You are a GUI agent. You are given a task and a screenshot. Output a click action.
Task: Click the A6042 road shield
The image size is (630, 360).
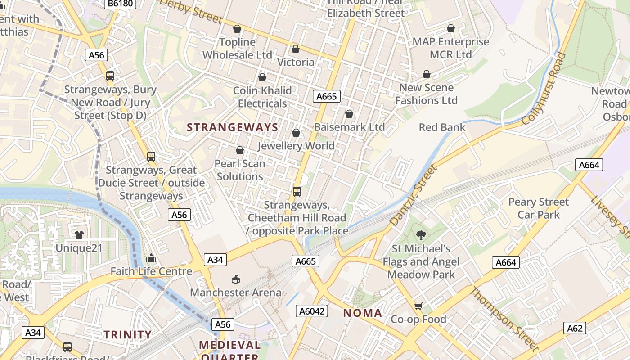point(312,311)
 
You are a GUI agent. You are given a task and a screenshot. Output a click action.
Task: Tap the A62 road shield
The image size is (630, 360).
point(575,328)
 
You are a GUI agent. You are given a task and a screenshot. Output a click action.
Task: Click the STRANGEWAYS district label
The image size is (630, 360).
point(233,127)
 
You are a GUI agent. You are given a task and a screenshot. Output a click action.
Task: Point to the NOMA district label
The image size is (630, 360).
point(363,313)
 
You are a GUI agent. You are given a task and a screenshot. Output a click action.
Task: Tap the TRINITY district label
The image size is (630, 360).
point(128,334)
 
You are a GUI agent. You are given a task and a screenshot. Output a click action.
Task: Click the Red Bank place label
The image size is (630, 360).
point(442,127)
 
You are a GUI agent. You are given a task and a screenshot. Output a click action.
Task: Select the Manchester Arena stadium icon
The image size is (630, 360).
point(235,279)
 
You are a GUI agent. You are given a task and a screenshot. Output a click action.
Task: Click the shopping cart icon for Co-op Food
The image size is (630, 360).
point(418,306)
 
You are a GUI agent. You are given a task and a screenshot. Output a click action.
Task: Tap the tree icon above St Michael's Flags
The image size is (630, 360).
point(421,235)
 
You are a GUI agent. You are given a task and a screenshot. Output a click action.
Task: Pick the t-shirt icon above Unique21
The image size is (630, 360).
point(79,234)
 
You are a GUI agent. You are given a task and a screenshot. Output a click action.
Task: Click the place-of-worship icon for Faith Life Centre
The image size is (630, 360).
point(151,258)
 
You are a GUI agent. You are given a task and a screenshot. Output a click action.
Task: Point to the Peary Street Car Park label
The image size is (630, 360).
point(538,208)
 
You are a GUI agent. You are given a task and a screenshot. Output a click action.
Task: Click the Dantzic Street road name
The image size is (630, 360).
point(413,196)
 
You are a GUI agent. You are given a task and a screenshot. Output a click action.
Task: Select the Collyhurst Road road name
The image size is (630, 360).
point(544,89)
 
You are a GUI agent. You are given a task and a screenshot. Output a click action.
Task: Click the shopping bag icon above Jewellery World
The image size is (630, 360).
point(296,133)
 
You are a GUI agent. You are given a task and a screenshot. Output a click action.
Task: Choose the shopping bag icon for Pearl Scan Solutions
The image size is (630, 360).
point(240,150)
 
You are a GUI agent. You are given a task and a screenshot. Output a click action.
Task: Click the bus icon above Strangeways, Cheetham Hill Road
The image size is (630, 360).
point(297,192)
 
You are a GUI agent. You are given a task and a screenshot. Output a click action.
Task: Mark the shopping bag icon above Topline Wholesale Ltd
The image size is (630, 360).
point(237,29)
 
